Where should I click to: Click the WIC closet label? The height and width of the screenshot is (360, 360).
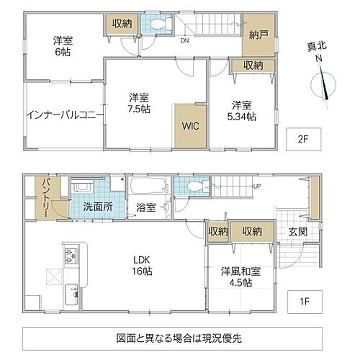(x=189, y=125)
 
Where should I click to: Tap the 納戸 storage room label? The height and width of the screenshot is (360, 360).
(x=258, y=34)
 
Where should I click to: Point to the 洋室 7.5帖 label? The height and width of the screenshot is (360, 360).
(x=140, y=103)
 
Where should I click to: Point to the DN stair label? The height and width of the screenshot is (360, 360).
(x=184, y=40)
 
